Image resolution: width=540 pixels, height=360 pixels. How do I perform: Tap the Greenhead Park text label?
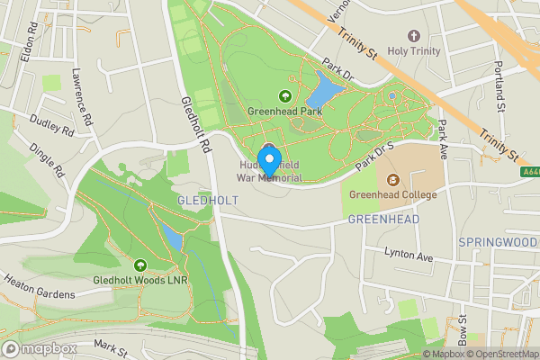(x=284, y=112)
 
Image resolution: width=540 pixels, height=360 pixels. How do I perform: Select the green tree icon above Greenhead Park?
(x=284, y=96)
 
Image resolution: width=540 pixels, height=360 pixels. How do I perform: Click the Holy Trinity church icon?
(x=414, y=36)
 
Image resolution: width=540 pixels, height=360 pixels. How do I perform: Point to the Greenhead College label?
(x=392, y=195)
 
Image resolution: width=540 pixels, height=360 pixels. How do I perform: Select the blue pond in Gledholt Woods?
(x=171, y=238)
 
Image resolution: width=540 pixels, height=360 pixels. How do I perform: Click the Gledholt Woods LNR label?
(x=139, y=280)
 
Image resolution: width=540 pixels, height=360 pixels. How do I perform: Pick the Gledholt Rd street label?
(x=195, y=124)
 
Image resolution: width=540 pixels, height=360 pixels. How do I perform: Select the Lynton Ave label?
(x=409, y=256)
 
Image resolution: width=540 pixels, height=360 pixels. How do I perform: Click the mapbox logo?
(x=40, y=348)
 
